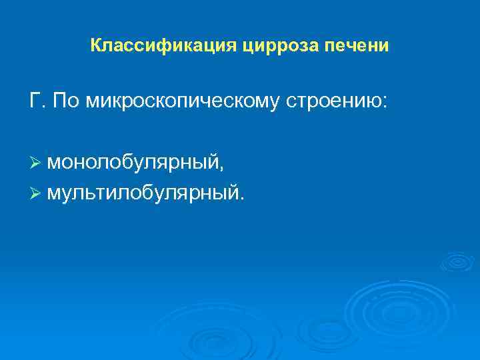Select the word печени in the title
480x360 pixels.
coord(357,47)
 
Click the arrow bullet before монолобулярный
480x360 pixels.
coord(36,164)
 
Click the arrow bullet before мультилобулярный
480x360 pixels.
coord(36,193)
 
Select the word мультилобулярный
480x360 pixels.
coord(143,193)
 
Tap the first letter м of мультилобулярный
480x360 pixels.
coord(53,194)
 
